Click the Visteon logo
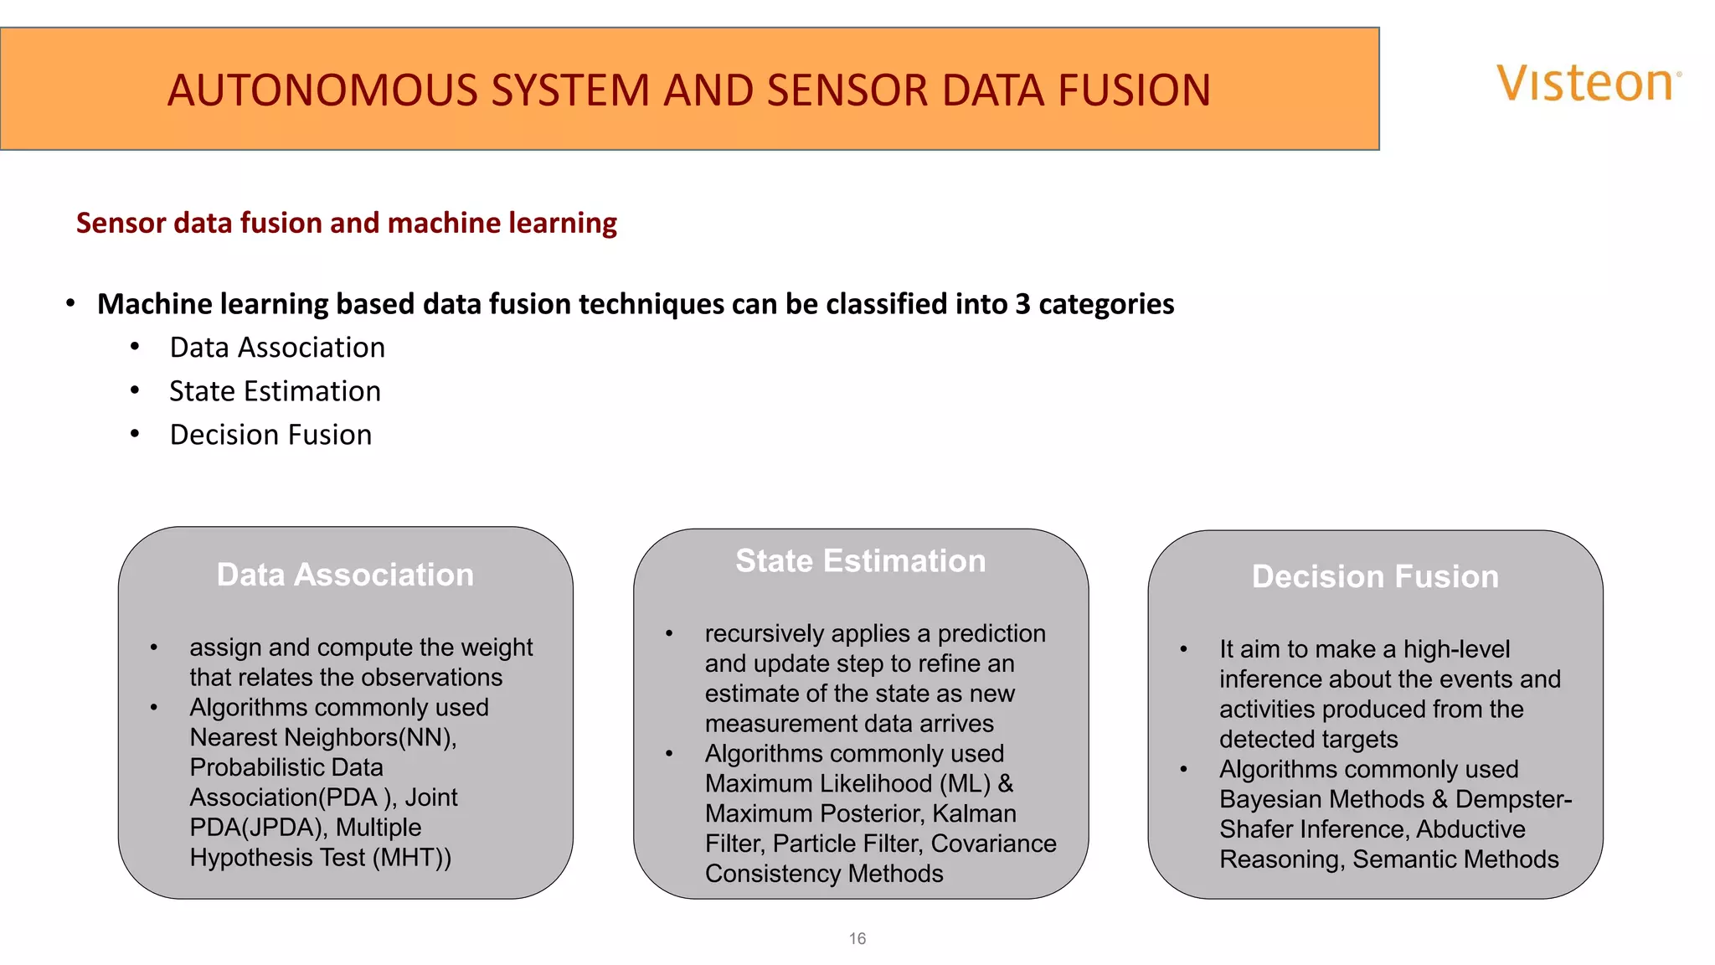[1588, 84]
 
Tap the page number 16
[857, 939]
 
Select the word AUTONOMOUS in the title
[324, 90]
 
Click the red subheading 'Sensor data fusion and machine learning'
[346, 223]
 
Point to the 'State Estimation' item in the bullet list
[275, 391]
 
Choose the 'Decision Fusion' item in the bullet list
[270, 435]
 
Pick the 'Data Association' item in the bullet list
[277, 348]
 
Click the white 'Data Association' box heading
[345, 575]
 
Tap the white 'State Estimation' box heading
[860, 560]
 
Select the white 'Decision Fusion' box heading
[1375, 576]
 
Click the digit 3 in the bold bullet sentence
[1022, 304]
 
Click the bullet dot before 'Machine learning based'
[71, 303]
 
